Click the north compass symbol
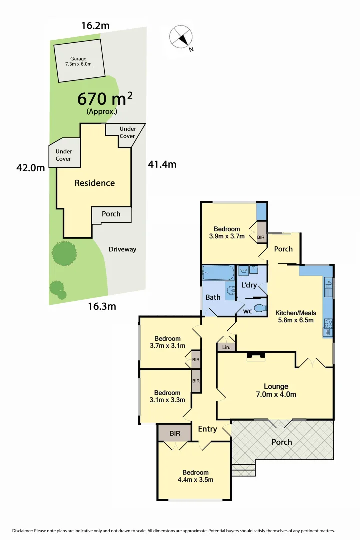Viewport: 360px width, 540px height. [x=181, y=37]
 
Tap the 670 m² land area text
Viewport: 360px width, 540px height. [x=105, y=98]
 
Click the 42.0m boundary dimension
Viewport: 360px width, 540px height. [x=31, y=168]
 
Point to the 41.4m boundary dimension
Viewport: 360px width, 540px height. [x=162, y=164]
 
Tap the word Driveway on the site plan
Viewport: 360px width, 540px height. [x=122, y=249]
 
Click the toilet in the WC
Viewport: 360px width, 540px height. [x=259, y=308]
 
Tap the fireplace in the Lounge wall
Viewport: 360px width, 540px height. [x=256, y=356]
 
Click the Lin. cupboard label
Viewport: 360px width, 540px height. [x=226, y=347]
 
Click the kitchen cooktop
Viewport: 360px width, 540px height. [x=328, y=328]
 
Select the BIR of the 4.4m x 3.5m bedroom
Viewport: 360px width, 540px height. [x=174, y=433]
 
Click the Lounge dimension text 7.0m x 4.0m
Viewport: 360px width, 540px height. [x=276, y=394]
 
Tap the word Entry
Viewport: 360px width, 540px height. [x=207, y=429]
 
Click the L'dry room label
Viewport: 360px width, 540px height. [x=249, y=286]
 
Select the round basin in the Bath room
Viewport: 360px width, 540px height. [x=230, y=291]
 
